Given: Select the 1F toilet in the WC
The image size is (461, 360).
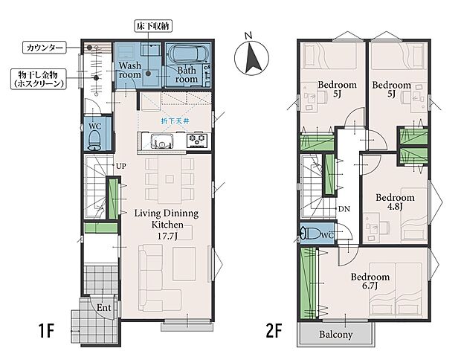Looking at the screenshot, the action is point(95,140).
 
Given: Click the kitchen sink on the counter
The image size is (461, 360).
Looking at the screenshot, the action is point(161,141).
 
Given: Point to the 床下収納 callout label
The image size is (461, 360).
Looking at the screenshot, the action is point(153,27).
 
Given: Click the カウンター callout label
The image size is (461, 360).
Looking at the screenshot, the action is point(45,48).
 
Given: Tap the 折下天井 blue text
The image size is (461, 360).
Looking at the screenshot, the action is point(175,121).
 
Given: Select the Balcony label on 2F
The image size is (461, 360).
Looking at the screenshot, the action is point(336,335).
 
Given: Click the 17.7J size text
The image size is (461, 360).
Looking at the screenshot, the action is point(167,236).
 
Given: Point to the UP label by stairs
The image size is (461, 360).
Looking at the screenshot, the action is point(121,166).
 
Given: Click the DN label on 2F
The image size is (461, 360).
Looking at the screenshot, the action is point(344,209).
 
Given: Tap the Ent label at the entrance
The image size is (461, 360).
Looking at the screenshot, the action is point(104,308).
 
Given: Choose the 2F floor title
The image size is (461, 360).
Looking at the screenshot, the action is point(274,331).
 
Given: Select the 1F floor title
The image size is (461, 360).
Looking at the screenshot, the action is point(46,331).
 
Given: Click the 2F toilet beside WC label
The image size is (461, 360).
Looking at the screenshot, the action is point(311,234).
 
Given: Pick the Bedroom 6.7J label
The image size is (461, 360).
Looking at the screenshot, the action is point(370,281).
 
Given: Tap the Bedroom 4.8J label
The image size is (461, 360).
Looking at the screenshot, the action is point(395,202).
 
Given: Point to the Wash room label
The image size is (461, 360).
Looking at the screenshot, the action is point(129,70).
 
